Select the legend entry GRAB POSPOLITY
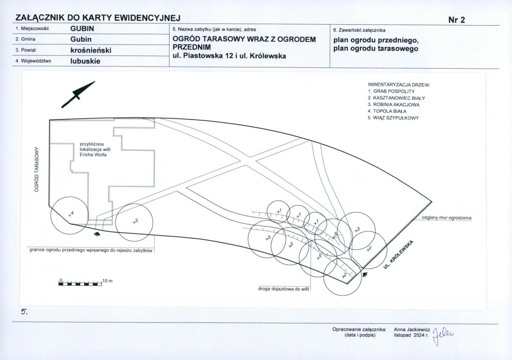tap(391, 91)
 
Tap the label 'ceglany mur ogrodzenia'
tap(447, 217)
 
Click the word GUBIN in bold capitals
tap(82, 29)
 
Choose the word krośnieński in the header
tap(91, 50)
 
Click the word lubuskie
tap(85, 61)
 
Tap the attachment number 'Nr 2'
tap(456, 20)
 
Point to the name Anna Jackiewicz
tap(412, 330)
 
